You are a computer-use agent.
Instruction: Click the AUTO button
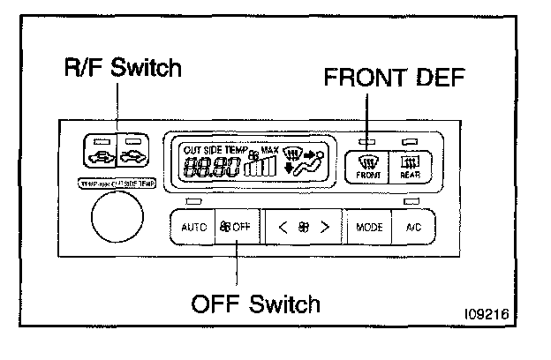point(193,227)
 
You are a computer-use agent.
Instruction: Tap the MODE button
point(369,227)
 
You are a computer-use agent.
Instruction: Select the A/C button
point(413,227)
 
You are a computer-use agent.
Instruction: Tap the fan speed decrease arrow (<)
point(283,227)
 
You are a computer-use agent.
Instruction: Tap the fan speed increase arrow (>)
point(325,227)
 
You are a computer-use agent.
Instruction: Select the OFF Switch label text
point(256,304)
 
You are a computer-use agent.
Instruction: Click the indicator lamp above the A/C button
point(410,203)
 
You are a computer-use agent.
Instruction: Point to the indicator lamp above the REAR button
point(410,141)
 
